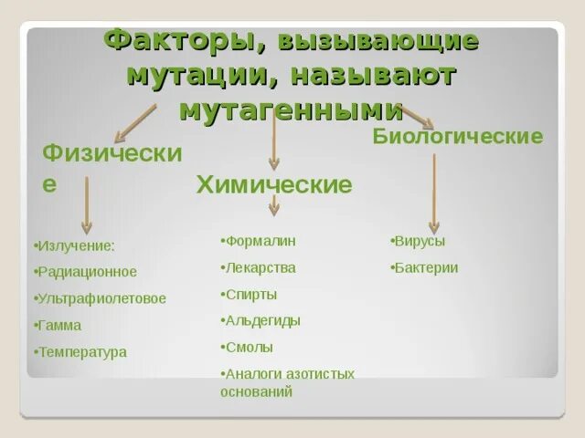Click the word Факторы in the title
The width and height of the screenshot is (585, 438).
tap(173, 41)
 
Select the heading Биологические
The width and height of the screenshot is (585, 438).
tap(458, 136)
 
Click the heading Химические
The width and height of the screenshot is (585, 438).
tap(274, 185)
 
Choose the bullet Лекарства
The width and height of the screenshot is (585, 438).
tap(259, 268)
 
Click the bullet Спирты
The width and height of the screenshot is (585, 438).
tap(250, 295)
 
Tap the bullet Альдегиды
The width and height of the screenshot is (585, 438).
tap(261, 321)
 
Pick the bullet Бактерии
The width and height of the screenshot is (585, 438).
tap(425, 268)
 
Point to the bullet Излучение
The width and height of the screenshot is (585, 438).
tap(75, 245)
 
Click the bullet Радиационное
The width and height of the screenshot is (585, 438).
tap(86, 272)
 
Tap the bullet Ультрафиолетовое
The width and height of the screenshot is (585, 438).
tap(101, 298)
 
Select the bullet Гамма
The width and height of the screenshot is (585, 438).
tap(58, 325)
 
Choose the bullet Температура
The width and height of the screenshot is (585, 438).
tap(81, 351)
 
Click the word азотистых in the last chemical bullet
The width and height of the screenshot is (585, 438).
tap(323, 374)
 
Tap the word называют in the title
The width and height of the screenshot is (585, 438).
tap(395, 75)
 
